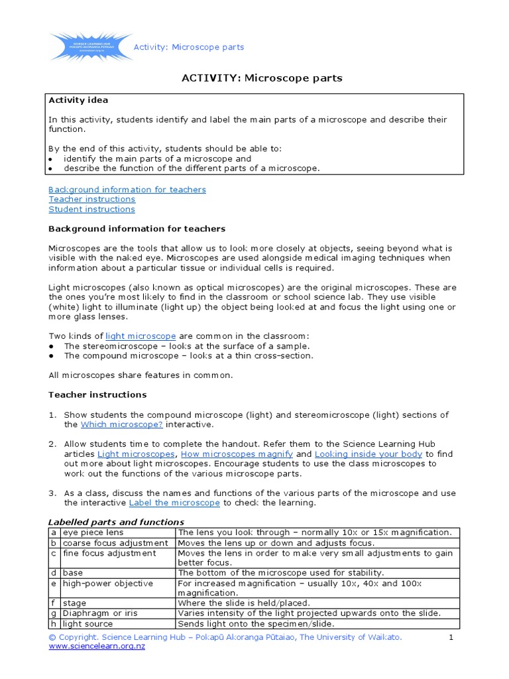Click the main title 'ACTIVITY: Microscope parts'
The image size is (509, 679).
click(262, 78)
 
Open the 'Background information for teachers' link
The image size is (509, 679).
click(127, 190)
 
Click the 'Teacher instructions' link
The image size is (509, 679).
click(91, 200)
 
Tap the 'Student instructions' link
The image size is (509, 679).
click(91, 210)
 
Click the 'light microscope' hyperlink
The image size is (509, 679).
click(141, 336)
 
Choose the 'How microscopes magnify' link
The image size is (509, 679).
click(237, 454)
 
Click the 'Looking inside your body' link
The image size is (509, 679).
click(368, 454)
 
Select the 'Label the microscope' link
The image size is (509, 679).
click(174, 503)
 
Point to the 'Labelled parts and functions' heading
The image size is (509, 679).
click(116, 523)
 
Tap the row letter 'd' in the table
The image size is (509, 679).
click(54, 573)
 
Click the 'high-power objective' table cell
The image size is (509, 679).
click(107, 584)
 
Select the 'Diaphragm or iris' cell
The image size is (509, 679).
click(100, 613)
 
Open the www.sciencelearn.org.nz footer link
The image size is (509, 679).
click(97, 647)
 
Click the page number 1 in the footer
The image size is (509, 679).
click(451, 637)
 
